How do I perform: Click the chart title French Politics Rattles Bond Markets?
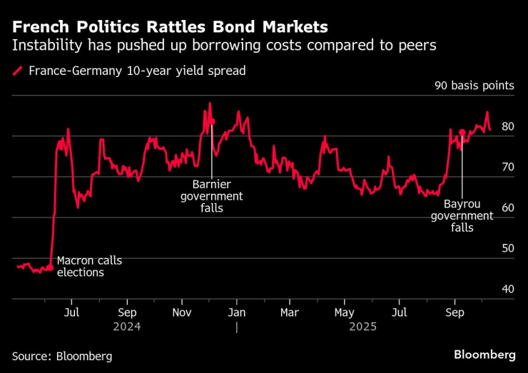(170, 27)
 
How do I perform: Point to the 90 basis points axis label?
(474, 86)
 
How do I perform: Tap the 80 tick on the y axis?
(508, 127)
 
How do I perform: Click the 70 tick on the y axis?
(508, 168)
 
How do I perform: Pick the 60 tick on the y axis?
(508, 208)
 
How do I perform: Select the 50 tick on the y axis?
(508, 249)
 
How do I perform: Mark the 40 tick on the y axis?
(508, 290)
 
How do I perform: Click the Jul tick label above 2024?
(71, 312)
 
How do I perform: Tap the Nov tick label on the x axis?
(181, 312)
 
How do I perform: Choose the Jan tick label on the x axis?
(236, 312)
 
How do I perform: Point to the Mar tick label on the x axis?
(289, 312)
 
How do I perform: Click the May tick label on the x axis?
(345, 312)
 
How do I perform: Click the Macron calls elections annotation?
(89, 266)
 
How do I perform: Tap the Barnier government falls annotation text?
(211, 196)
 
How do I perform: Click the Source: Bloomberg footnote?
(62, 355)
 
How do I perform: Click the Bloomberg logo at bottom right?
(484, 354)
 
